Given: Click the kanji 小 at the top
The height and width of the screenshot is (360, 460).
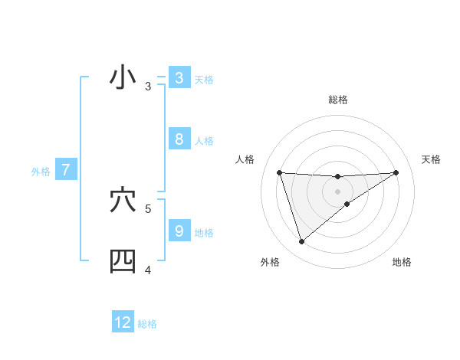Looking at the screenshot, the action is coord(123,78).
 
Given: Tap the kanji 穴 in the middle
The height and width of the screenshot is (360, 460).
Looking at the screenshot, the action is coord(123,201).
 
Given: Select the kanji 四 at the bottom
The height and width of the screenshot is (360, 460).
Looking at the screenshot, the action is coord(123,261).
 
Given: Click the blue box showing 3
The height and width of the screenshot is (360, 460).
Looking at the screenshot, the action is coord(179,78).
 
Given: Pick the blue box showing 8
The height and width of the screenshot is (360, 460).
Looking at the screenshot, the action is coord(179,139).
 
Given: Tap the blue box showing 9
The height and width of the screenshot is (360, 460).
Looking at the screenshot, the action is coord(179,231).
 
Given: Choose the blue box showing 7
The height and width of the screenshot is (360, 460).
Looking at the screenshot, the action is coord(66,170).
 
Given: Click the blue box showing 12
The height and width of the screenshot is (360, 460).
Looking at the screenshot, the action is coord(123,322).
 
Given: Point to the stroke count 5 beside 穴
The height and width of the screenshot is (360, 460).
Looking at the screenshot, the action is coord(148,208).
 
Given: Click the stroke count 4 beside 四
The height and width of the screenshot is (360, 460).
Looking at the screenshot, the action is coord(148,270).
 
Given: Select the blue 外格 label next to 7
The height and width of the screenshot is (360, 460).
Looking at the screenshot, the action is coord(41,172).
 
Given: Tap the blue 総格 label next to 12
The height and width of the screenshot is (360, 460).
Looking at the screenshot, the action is coord(147,324).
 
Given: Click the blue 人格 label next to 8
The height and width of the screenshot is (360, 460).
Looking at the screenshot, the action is coord(204,141).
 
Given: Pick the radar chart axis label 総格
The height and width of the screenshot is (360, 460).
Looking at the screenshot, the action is coord(338,100).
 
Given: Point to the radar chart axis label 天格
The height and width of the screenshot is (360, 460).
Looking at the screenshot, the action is coord(432,159).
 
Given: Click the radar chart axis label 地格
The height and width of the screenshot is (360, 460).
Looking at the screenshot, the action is coord(402,263).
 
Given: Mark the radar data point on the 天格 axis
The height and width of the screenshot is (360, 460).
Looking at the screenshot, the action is coord(396,172).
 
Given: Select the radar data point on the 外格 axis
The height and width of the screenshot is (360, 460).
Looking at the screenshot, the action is coord(301,242).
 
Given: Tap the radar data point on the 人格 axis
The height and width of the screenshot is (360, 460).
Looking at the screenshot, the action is coord(280,172).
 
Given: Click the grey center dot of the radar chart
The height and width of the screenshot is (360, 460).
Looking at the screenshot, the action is coord(338,191).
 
